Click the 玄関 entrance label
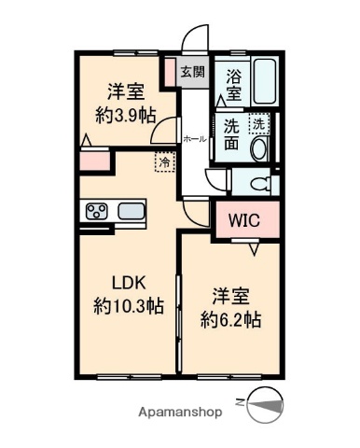[x=192, y=73]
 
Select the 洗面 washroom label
[x=232, y=136]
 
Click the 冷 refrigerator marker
[x=164, y=161]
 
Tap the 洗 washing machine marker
[x=257, y=121]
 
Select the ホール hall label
[x=195, y=138]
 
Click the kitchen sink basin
[x=132, y=210]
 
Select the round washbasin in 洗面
[x=259, y=147]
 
